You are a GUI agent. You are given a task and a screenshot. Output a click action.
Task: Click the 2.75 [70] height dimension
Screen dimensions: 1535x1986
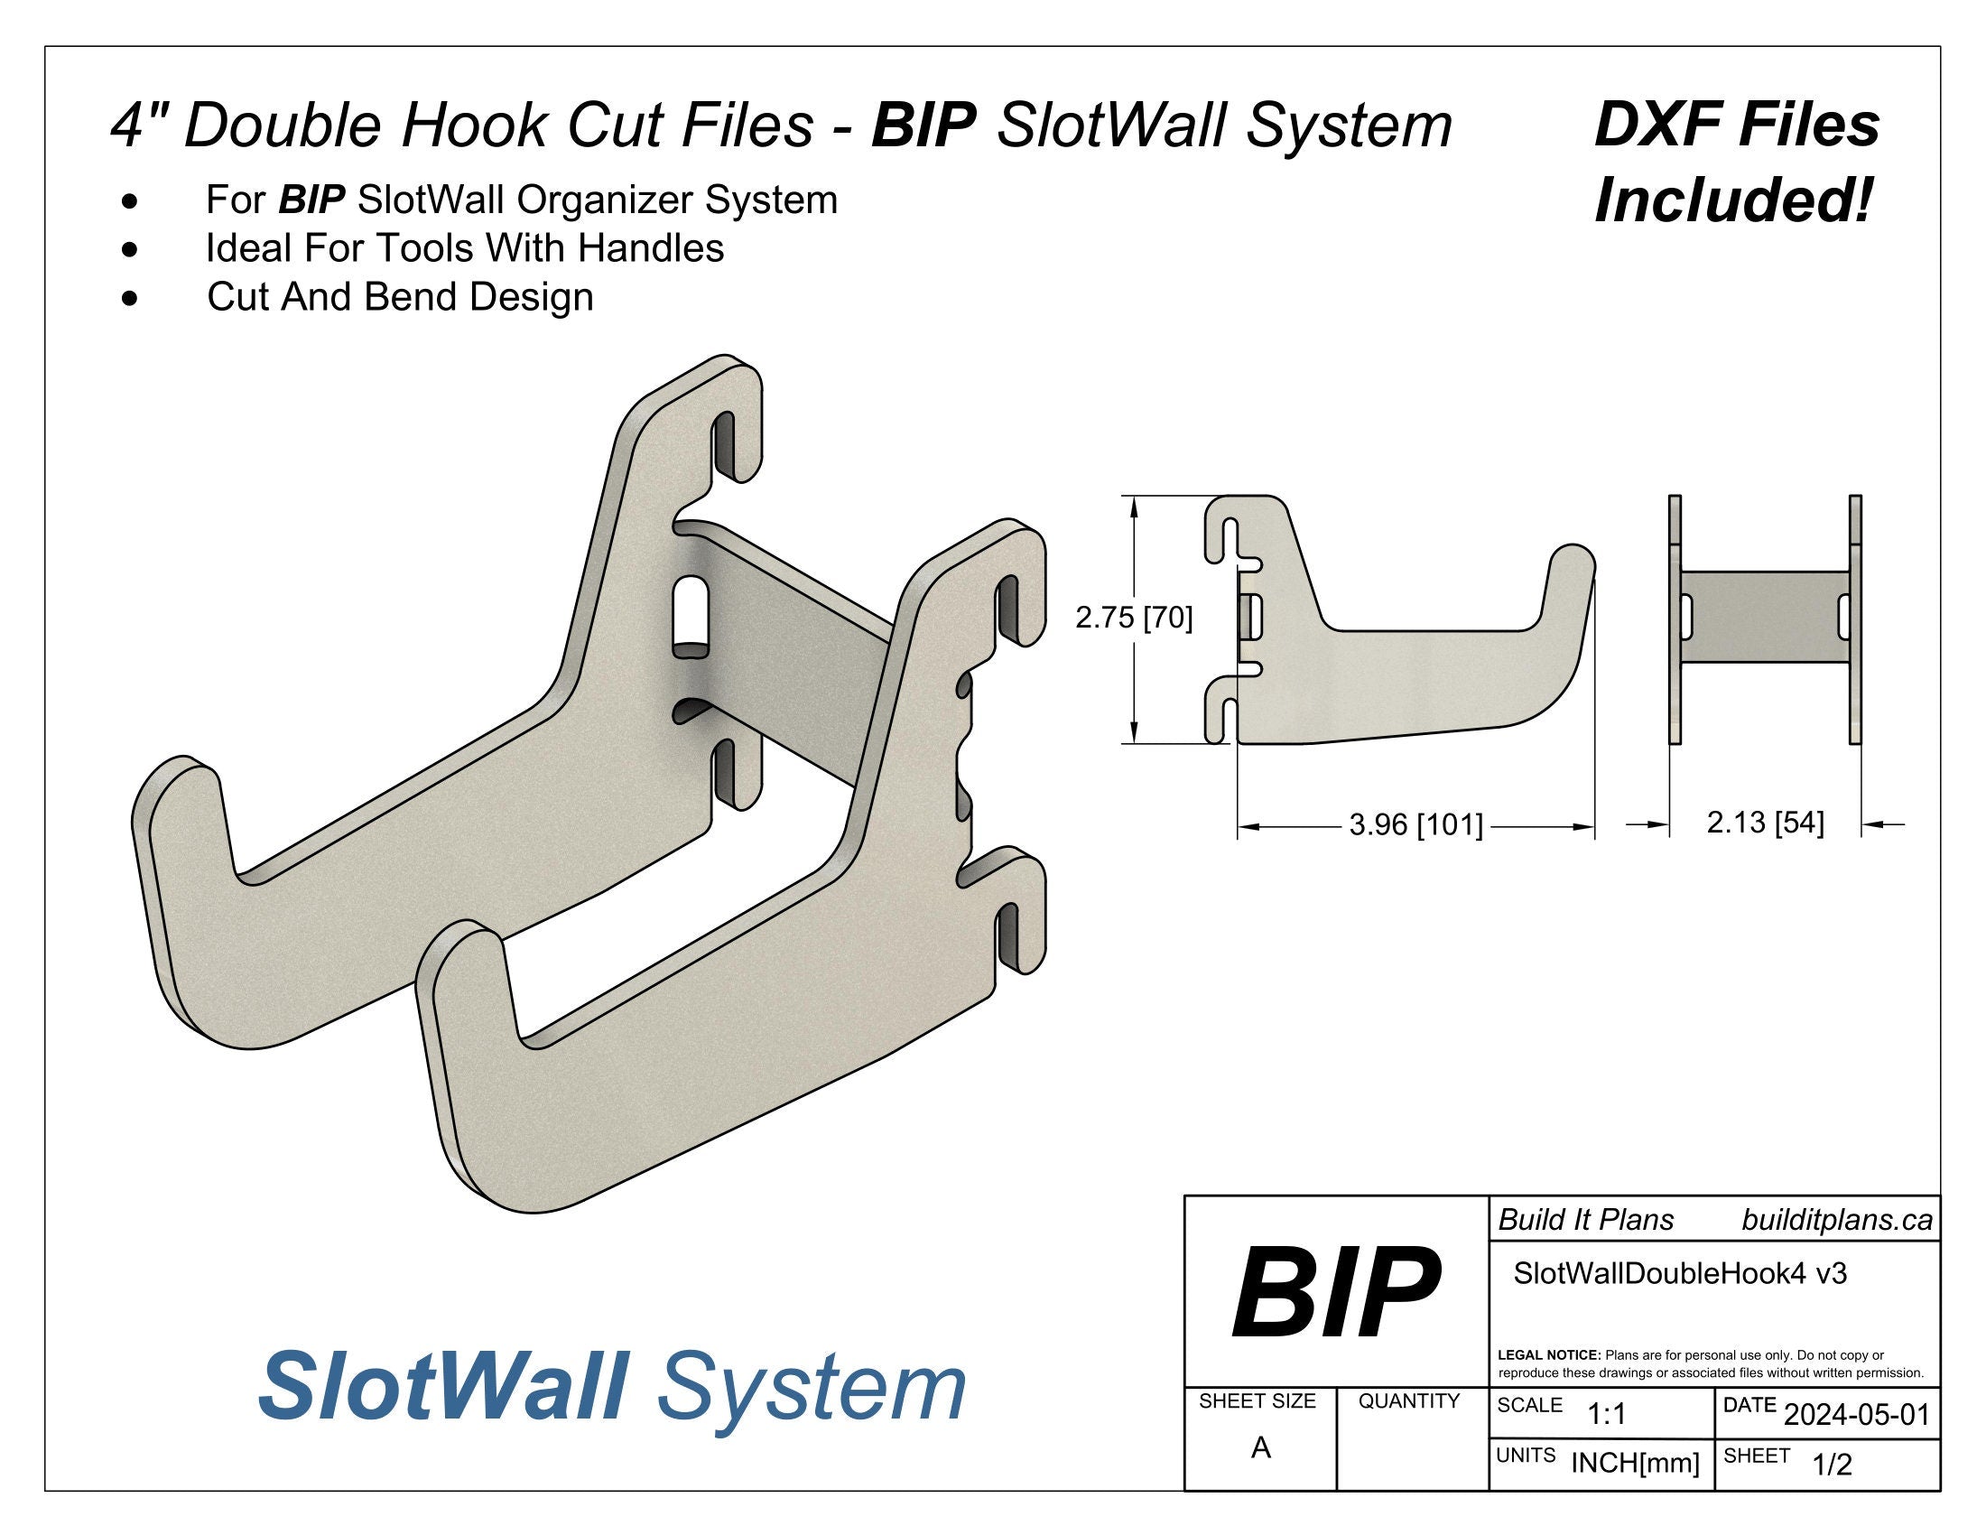tap(1133, 619)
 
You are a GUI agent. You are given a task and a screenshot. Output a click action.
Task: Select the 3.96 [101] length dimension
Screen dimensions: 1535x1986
tap(1415, 825)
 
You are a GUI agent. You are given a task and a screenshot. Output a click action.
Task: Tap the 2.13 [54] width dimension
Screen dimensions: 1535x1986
tap(1765, 823)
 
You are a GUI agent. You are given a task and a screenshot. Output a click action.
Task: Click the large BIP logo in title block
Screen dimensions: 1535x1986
tap(1335, 1293)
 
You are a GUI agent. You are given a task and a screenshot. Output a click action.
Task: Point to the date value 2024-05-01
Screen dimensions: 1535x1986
tap(1856, 1415)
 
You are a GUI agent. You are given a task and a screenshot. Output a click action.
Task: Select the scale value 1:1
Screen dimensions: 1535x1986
tap(1607, 1414)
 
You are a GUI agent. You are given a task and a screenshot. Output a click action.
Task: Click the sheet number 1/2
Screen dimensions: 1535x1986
tap(1832, 1464)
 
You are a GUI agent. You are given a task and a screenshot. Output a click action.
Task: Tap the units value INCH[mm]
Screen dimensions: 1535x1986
tap(1635, 1463)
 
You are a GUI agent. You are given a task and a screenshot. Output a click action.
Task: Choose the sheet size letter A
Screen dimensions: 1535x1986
tap(1260, 1448)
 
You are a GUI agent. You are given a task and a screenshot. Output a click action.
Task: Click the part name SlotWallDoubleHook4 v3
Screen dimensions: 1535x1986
tap(1680, 1274)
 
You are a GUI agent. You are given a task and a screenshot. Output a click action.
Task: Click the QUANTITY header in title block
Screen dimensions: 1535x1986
tap(1408, 1401)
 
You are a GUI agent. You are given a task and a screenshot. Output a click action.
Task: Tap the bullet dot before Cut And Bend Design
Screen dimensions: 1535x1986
tap(132, 297)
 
